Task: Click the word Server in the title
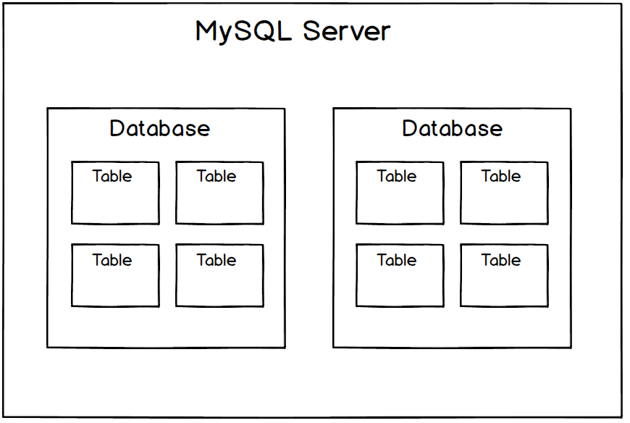347,31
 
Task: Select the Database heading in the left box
160,128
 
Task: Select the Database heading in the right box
453,128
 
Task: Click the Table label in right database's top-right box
501,176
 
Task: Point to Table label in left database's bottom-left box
112,260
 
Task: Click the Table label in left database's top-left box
112,176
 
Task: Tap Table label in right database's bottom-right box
501,260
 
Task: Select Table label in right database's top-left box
397,176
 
